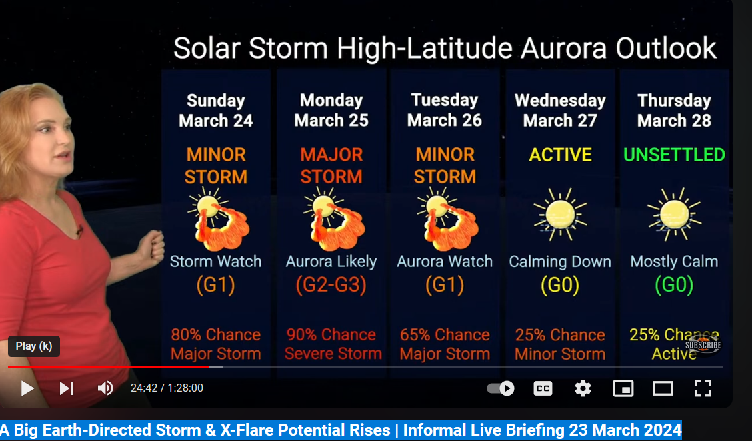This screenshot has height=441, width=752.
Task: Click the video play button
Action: (27, 388)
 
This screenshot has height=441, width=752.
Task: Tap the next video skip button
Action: (67, 388)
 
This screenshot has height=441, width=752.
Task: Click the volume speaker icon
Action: (105, 388)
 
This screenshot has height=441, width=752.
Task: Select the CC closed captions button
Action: (543, 388)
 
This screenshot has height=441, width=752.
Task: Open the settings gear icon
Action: (583, 388)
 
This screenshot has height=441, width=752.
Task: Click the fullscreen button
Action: (703, 388)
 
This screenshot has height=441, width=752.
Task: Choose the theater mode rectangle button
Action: (663, 388)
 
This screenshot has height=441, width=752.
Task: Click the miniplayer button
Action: (623, 388)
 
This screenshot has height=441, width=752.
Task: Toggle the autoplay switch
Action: (501, 388)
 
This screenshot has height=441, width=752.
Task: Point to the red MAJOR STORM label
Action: (331, 165)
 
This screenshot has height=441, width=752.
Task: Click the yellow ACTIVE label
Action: (560, 155)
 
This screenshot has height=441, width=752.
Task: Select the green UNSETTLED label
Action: (674, 155)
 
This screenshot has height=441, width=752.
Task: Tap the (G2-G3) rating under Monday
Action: (331, 286)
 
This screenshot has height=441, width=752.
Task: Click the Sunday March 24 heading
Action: (216, 111)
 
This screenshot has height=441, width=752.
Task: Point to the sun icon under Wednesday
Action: (560, 215)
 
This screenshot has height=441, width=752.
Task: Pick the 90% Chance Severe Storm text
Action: (333, 344)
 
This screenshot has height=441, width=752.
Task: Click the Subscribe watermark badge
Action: (703, 344)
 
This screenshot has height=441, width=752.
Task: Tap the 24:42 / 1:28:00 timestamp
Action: (167, 388)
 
